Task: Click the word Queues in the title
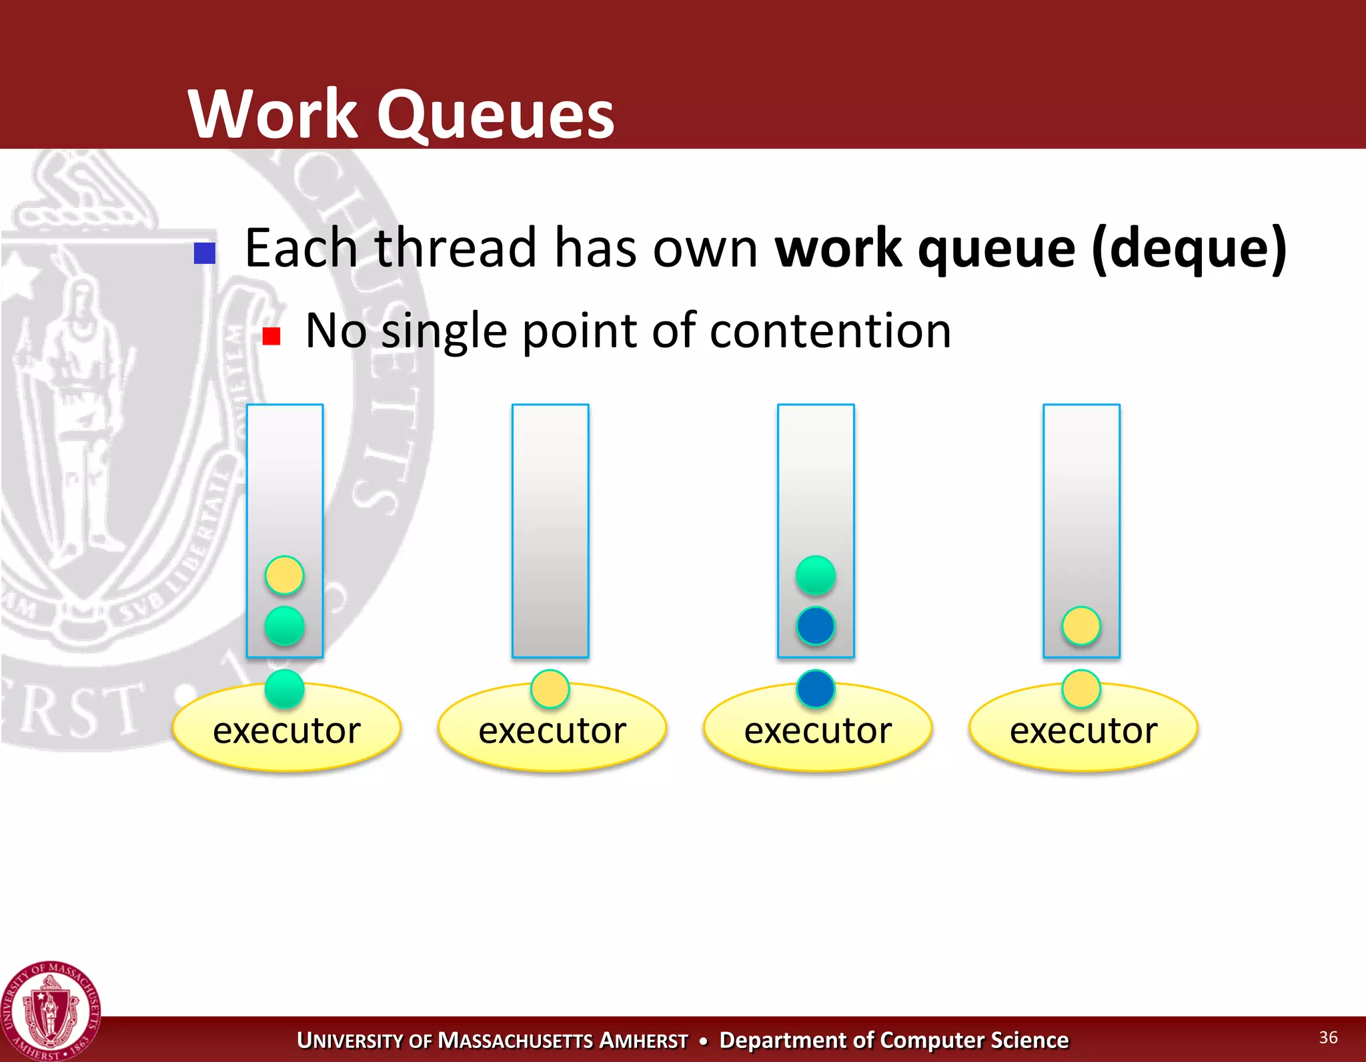495,115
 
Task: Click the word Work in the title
273,115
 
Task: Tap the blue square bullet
205,253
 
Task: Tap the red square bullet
271,336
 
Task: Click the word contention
830,331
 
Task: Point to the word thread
456,248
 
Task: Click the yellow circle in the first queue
285,575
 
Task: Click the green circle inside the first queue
285,626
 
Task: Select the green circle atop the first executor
285,689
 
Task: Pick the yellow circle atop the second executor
550,689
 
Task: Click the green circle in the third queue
816,575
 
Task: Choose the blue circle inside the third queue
816,626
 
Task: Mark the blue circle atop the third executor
816,689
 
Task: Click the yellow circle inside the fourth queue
1081,626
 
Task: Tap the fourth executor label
1083,731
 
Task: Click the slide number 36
1328,1037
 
